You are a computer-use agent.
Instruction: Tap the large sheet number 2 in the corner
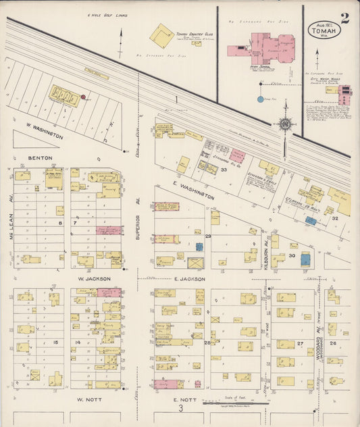[345, 18]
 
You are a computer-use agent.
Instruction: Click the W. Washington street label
[45, 131]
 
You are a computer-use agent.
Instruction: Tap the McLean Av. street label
[11, 226]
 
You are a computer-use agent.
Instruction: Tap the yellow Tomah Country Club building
[162, 35]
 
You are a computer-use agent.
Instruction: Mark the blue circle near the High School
[261, 99]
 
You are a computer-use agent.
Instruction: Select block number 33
[223, 169]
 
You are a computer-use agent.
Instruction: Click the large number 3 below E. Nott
[180, 408]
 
